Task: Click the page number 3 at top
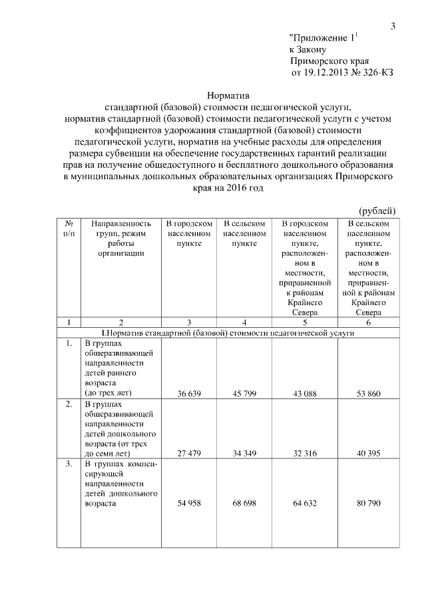[x=393, y=26]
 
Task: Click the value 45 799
[x=245, y=394]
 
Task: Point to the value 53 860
[x=368, y=394]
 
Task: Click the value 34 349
[x=245, y=454]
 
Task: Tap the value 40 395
[x=368, y=454]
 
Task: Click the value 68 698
[x=245, y=504]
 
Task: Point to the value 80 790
[x=368, y=504]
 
